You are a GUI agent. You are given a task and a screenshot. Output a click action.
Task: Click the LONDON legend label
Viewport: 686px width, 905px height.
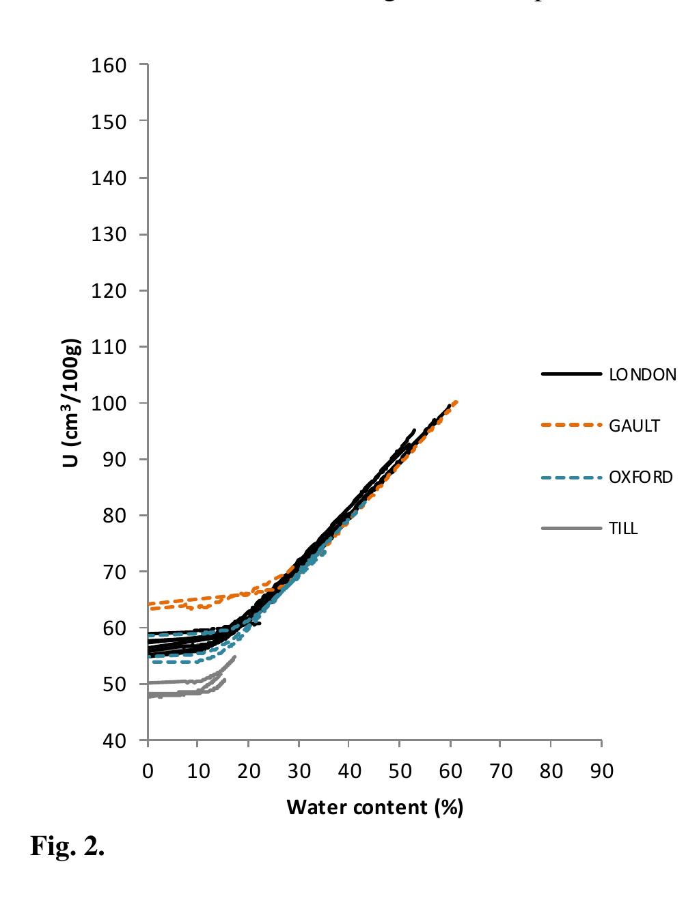[x=642, y=374]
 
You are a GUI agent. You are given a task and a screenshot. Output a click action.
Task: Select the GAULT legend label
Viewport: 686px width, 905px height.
[x=634, y=426]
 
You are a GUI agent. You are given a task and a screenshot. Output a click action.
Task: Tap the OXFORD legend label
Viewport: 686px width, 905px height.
[x=640, y=477]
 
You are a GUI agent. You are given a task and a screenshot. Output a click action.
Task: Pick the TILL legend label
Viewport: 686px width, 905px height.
[x=623, y=528]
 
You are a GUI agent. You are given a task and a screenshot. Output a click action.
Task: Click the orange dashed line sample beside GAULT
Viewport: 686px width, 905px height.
[x=571, y=426]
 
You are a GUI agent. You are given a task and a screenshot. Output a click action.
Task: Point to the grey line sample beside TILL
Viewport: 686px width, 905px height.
[x=571, y=528]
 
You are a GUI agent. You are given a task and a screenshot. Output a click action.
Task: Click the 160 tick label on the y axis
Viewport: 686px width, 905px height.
[x=108, y=66]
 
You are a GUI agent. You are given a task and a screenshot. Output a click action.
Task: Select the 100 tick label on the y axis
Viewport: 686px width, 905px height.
[x=108, y=403]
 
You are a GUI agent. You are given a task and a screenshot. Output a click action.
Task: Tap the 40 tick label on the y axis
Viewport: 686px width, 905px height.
[x=113, y=740]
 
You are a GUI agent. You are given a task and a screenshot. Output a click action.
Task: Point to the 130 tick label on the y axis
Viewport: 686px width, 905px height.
[x=108, y=234]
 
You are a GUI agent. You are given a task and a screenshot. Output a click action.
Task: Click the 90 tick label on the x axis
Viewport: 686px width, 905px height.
[x=601, y=771]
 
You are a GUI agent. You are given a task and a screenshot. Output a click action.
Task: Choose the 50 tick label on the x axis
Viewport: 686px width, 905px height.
[x=400, y=771]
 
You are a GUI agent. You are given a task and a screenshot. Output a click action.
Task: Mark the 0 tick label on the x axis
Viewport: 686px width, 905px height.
[x=148, y=771]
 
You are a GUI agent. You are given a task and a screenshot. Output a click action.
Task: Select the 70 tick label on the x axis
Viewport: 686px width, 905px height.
[x=501, y=771]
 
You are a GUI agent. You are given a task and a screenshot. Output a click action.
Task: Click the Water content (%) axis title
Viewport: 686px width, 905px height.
[x=374, y=807]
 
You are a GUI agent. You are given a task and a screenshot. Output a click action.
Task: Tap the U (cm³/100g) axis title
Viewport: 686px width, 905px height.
[x=70, y=402]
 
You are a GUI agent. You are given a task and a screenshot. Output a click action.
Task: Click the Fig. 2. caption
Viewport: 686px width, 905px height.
[x=67, y=846]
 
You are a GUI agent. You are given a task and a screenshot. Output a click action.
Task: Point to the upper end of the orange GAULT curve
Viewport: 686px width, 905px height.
[x=456, y=402]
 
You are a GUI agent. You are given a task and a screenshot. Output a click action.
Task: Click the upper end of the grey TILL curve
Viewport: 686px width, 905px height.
[x=235, y=656]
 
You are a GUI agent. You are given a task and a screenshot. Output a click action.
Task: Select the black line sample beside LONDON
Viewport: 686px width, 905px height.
[x=571, y=374]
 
